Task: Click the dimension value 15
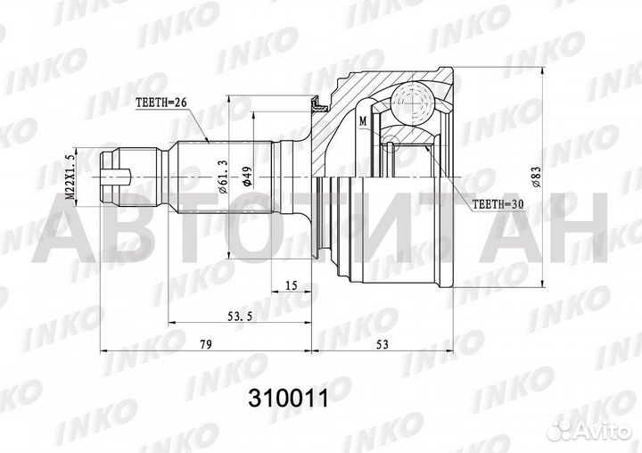click(x=292, y=285)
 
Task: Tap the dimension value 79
click(x=207, y=343)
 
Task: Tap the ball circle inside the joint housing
click(x=413, y=101)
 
